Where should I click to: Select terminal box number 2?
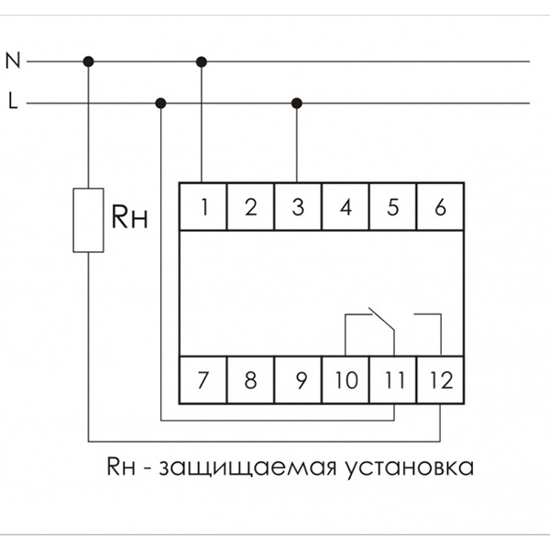click(x=249, y=207)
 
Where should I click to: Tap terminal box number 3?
click(x=297, y=207)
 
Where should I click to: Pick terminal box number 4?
click(x=345, y=207)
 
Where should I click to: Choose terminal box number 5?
click(x=392, y=207)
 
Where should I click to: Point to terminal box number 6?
click(x=440, y=207)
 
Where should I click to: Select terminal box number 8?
click(x=249, y=379)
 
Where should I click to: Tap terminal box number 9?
click(x=297, y=379)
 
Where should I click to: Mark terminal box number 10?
click(x=345, y=379)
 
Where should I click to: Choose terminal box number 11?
click(x=392, y=379)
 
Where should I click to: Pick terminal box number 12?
click(x=440, y=379)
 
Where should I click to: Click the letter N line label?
click(x=12, y=61)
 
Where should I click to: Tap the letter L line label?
click(x=12, y=102)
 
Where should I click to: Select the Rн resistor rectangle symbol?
click(x=89, y=220)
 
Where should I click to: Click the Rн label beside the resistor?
click(x=129, y=217)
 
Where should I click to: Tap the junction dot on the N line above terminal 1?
click(x=202, y=61)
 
